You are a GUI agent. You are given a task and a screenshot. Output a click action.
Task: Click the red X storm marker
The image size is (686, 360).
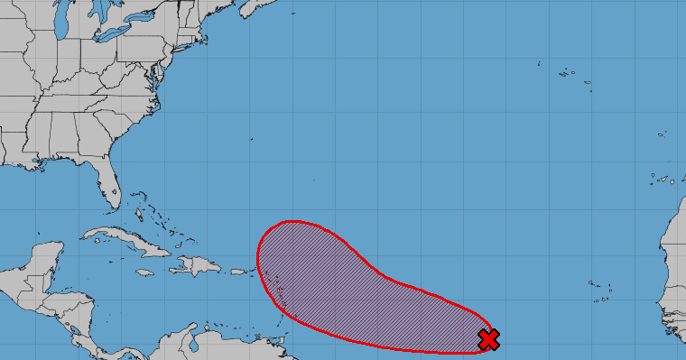(x=488, y=339)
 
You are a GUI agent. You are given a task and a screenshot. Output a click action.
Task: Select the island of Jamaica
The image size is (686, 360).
(x=145, y=272)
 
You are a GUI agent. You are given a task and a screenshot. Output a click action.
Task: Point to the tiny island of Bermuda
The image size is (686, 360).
(x=251, y=139)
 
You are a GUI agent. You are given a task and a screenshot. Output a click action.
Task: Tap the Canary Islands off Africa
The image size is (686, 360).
(x=663, y=179)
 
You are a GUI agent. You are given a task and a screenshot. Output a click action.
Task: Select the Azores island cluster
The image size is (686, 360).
(x=569, y=74)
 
